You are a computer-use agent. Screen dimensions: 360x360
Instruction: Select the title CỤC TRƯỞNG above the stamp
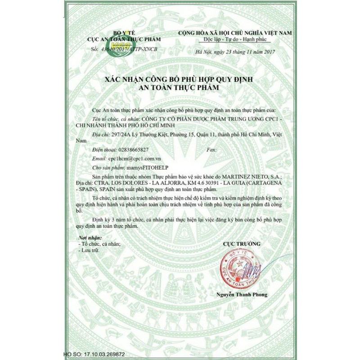click(242, 243)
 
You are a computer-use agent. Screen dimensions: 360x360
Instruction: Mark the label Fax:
click(211, 149)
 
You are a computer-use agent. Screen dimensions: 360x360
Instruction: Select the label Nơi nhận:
click(90, 237)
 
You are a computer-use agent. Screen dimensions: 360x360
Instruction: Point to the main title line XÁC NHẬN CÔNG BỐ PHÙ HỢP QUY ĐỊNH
click(179, 80)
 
